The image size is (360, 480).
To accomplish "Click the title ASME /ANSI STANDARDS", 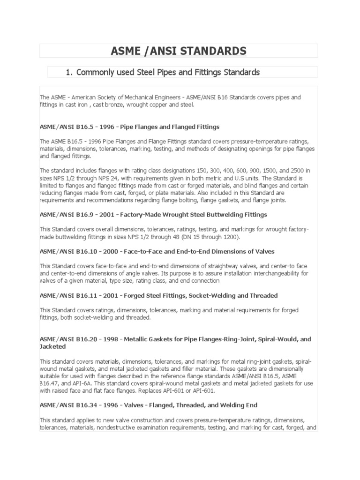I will (179, 51).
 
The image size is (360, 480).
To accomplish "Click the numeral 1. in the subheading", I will (70, 72).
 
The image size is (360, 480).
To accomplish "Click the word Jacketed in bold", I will (52, 346).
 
